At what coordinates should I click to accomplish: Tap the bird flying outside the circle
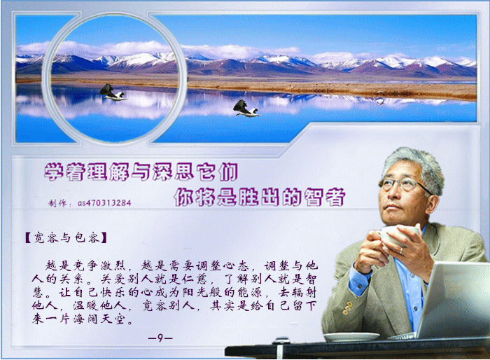pyautogui.click(x=247, y=109)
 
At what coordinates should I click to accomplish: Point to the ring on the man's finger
pyautogui.click(x=402, y=250)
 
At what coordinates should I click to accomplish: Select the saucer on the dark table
pyautogui.click(x=351, y=337)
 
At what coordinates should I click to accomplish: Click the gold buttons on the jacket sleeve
pyautogui.click(x=347, y=307)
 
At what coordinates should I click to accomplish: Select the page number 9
pyautogui.click(x=160, y=338)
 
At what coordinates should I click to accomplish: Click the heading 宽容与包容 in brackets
pyautogui.click(x=66, y=237)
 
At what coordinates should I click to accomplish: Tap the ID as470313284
pyautogui.click(x=104, y=203)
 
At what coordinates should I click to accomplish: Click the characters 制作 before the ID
pyautogui.click(x=57, y=203)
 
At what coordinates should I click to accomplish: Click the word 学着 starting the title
pyautogui.click(x=64, y=172)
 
